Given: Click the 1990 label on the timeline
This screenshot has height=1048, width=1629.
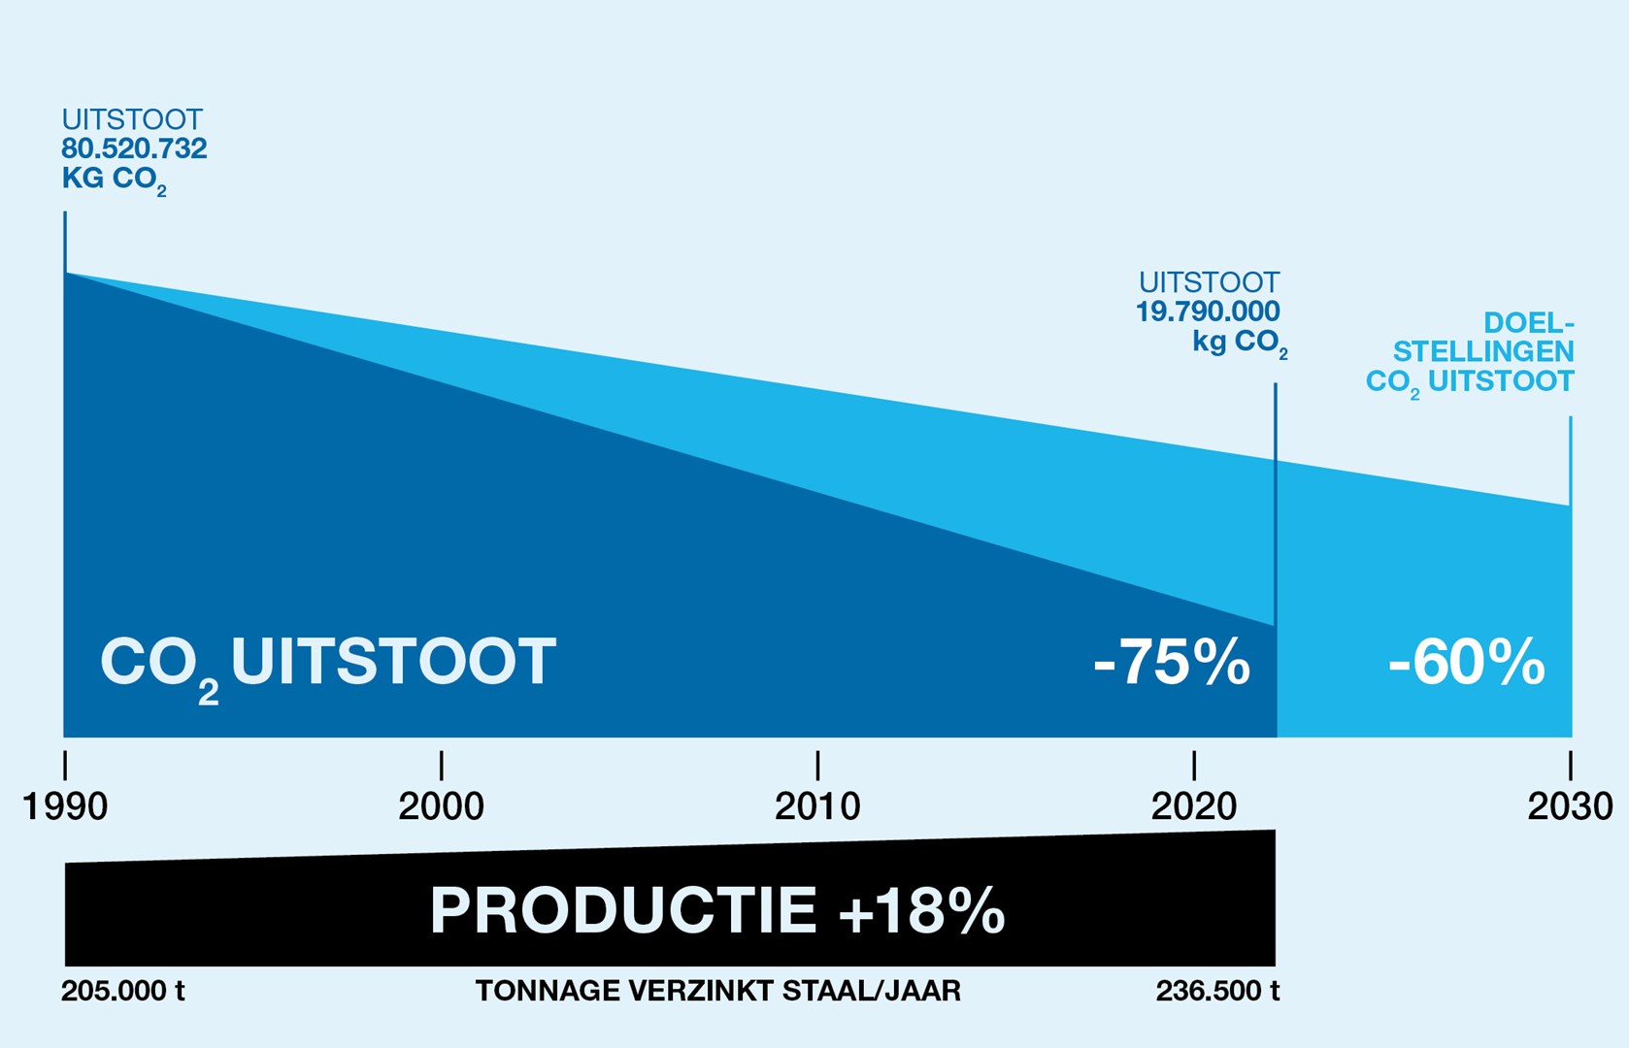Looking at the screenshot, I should click(65, 806).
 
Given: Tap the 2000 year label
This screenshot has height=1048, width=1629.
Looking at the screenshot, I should click(441, 806).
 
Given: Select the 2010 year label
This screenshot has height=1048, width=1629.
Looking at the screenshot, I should click(817, 806).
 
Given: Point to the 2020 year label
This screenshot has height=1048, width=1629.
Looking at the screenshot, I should click(1194, 806).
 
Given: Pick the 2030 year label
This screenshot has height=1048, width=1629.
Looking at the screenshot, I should click(1570, 806).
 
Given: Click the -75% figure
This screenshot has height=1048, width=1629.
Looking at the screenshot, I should click(1172, 663).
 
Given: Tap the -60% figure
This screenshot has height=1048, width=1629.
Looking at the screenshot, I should click(1466, 663).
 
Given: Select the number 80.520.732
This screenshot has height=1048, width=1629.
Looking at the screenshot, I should click(134, 148).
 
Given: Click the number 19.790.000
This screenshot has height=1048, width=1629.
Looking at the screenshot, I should click(1208, 311).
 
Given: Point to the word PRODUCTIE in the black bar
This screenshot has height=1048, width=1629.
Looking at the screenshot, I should click(623, 910).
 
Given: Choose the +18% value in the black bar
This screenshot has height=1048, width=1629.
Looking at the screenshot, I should click(921, 910).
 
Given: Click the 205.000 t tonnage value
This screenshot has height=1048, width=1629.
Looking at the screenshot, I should click(123, 991).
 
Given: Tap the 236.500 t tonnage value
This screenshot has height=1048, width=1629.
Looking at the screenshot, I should click(1217, 991).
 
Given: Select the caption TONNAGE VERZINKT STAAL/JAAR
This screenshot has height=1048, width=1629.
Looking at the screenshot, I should click(718, 991).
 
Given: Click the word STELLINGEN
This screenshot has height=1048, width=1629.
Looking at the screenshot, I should click(1483, 351).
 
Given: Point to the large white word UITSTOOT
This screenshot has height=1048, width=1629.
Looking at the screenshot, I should click(393, 662).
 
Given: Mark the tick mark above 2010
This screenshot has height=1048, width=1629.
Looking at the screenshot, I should click(817, 765).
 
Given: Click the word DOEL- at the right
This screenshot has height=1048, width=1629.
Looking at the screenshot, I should click(1528, 322).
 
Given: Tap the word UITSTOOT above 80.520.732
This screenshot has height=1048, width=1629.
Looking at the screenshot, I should click(132, 119).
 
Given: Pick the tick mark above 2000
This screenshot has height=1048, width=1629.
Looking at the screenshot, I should click(441, 765).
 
